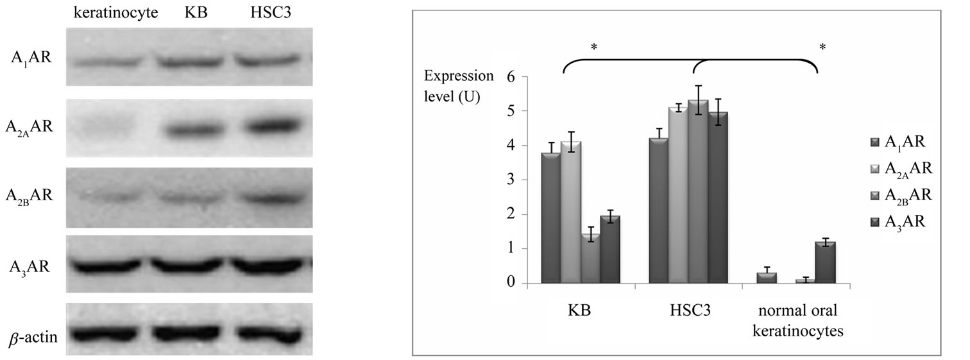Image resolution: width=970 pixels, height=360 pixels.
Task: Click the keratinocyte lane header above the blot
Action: click(x=115, y=13)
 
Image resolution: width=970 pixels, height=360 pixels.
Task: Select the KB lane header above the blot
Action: click(x=189, y=13)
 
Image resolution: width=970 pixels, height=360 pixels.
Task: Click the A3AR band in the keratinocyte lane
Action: click(x=107, y=265)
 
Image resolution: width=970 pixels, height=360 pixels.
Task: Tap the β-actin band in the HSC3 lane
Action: click(x=269, y=334)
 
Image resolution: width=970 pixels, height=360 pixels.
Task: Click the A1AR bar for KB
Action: click(x=550, y=218)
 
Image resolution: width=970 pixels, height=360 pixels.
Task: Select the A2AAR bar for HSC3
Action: click(x=678, y=195)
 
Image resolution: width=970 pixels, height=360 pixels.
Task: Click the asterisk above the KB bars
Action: click(x=594, y=47)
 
